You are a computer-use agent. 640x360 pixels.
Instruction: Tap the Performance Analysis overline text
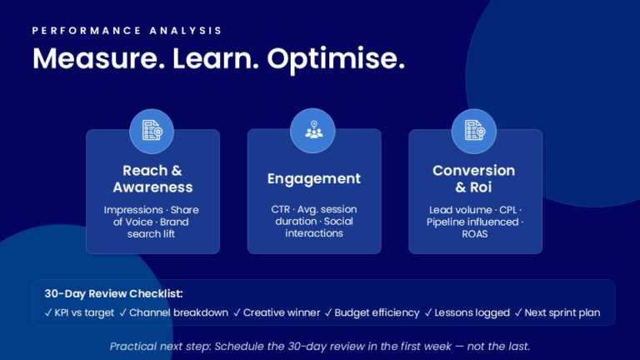127,31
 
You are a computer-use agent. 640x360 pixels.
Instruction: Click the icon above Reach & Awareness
152,131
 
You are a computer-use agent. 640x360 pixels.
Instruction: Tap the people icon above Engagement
313,130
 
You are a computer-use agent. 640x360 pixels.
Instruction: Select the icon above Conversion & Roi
473,131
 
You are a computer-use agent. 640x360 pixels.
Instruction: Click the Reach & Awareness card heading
152,178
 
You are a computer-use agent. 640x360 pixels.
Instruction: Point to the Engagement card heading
313,179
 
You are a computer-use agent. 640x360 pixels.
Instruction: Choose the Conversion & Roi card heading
474,178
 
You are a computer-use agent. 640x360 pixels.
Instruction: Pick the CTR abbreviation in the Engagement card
282,210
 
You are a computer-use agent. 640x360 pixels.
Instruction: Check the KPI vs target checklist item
79,312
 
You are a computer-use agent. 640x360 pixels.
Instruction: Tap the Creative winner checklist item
277,312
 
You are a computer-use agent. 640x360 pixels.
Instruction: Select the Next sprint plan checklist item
557,312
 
